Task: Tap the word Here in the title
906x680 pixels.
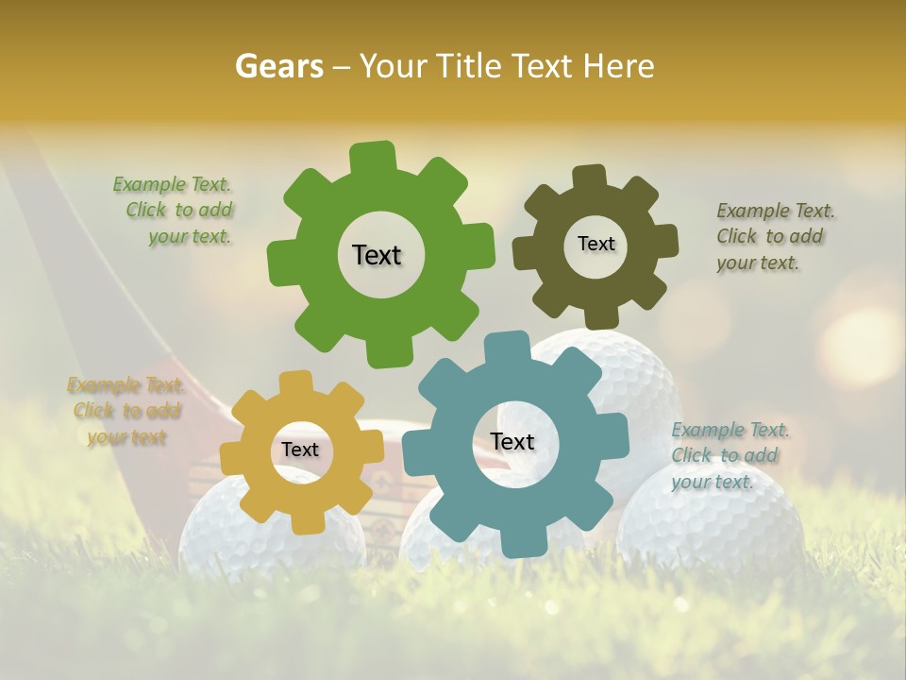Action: tap(618, 66)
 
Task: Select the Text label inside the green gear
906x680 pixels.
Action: tap(377, 255)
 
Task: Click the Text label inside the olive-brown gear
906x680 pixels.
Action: tap(596, 244)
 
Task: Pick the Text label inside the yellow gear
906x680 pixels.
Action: tap(299, 450)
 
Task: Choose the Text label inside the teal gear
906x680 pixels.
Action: tap(512, 442)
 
